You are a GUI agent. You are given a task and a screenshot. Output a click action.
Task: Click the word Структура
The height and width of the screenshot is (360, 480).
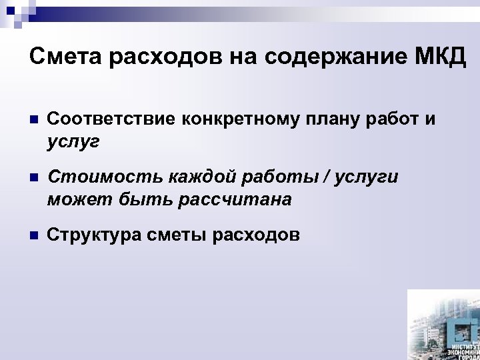(x=90, y=235)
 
